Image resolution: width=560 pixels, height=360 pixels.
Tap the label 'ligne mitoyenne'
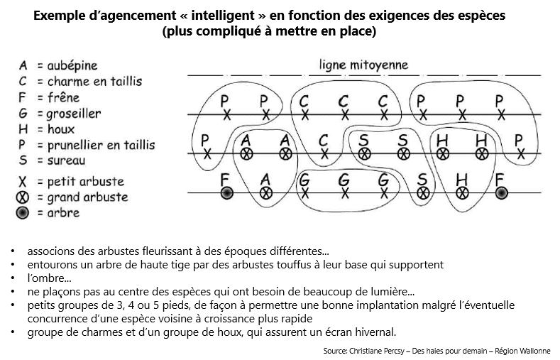363,65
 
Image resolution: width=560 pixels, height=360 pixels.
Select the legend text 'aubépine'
72,66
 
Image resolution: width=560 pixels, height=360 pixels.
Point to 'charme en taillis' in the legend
94,82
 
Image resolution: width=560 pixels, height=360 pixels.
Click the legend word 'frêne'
64,97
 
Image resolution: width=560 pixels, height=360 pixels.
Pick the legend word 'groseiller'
74,114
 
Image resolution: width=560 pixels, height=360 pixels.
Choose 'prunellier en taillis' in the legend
101,146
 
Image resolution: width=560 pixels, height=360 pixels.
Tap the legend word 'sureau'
67,160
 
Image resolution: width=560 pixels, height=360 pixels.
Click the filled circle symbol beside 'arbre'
22,213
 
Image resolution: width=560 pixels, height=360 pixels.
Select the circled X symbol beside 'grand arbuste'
22,197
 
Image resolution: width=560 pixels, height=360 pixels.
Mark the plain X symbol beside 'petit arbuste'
22,182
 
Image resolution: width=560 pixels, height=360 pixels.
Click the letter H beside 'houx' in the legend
23,129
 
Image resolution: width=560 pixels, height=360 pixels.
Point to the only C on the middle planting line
323,141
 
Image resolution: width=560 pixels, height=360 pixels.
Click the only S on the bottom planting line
422,180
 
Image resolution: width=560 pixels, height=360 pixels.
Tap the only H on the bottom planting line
462,180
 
